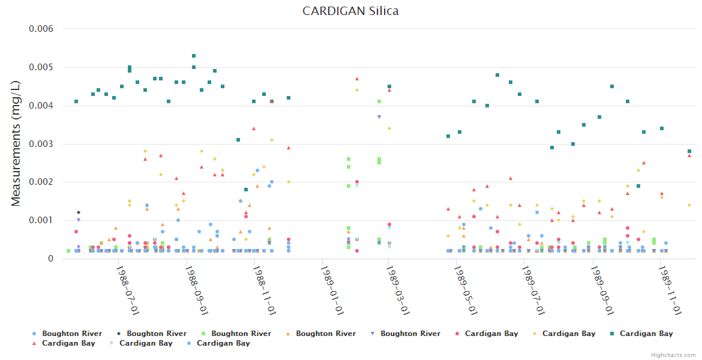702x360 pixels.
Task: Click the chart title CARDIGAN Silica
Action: click(350, 11)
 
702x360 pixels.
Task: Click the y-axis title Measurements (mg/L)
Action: click(16, 143)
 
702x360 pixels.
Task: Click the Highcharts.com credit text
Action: click(674, 355)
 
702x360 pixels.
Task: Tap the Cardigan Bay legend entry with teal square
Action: click(646, 334)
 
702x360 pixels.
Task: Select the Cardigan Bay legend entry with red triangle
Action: click(68, 343)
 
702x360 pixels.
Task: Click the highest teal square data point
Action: click(194, 56)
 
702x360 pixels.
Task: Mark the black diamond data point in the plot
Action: click(78, 212)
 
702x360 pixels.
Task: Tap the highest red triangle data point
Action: click(357, 79)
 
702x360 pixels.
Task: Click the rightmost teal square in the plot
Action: click(689, 151)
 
